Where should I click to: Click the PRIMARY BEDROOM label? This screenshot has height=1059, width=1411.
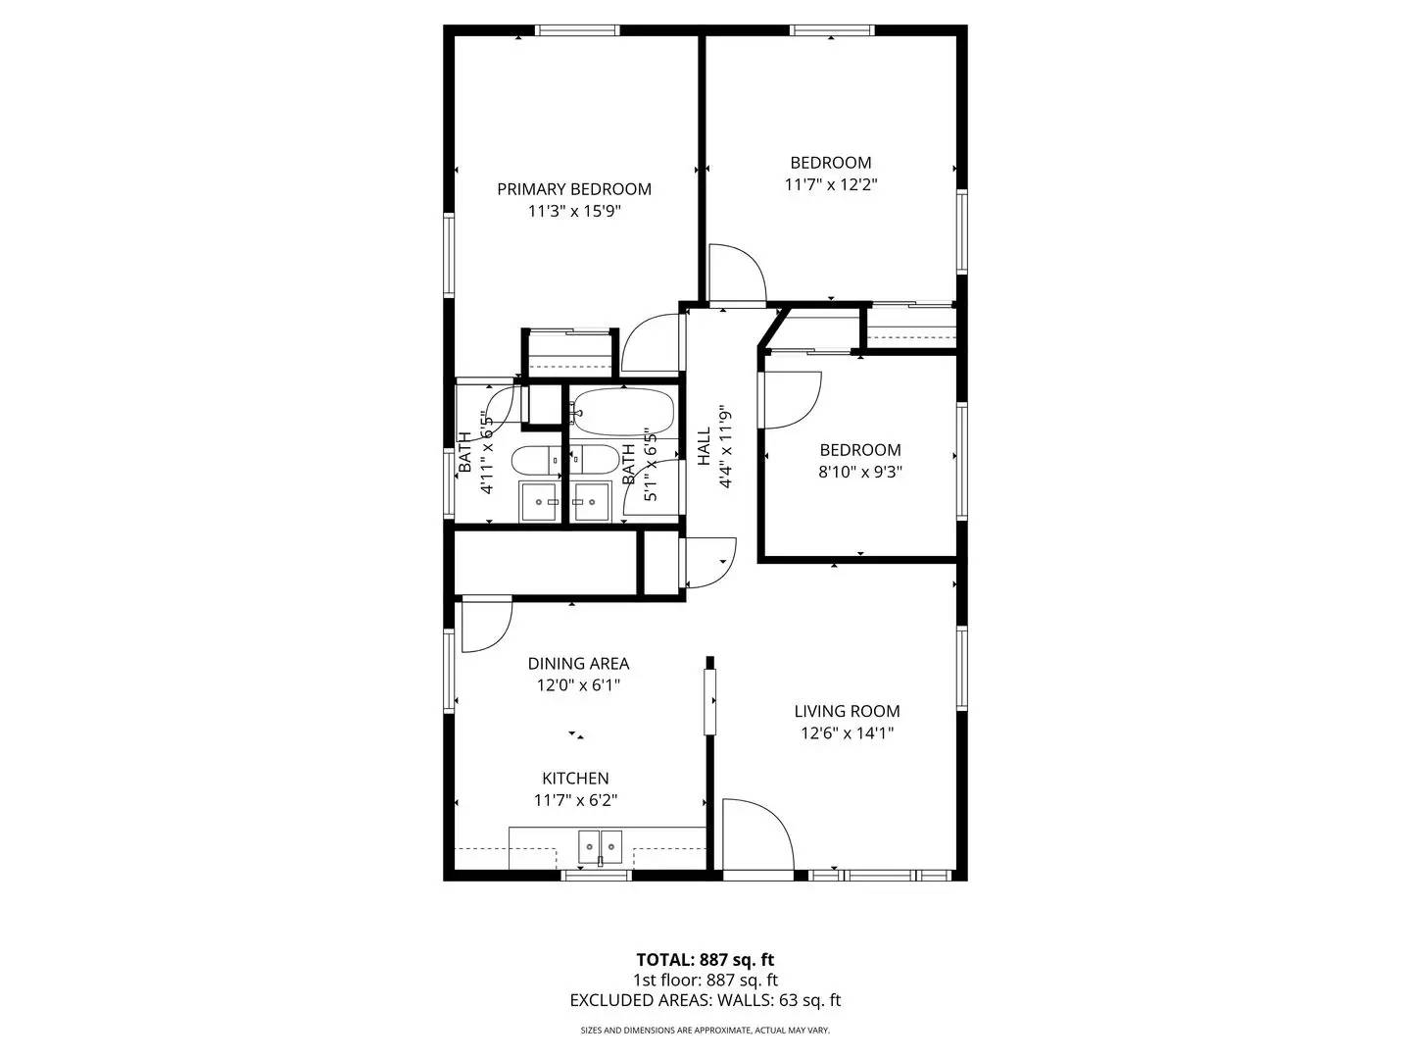tap(573, 189)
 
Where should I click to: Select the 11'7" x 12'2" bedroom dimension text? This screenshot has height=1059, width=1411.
tap(831, 184)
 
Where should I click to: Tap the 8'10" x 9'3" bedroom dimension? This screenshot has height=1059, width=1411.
tap(860, 472)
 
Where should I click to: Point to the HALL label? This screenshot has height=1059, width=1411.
tap(704, 446)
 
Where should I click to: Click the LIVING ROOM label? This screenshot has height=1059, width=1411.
tap(847, 711)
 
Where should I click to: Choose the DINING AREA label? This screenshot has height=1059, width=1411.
tap(578, 664)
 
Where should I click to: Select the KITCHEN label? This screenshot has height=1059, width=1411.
tap(575, 779)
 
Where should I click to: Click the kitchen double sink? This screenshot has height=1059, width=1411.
tap(600, 844)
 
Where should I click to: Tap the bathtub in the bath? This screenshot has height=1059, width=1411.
tap(623, 412)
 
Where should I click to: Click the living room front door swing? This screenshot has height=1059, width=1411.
tap(756, 833)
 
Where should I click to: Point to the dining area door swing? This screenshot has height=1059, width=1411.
tap(485, 625)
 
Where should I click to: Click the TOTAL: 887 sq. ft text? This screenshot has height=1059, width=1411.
tap(705, 960)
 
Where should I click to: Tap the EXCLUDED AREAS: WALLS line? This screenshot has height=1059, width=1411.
tap(705, 1001)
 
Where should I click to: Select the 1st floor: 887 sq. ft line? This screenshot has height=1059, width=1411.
tap(705, 981)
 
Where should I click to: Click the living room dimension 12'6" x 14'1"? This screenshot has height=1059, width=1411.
tap(847, 733)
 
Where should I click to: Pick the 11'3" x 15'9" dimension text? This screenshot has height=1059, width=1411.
tap(573, 212)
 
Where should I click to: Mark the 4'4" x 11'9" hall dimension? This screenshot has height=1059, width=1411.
tap(726, 446)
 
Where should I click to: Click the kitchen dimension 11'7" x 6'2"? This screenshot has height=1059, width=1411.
tap(575, 801)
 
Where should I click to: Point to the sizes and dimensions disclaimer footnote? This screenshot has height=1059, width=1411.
tap(705, 1031)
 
